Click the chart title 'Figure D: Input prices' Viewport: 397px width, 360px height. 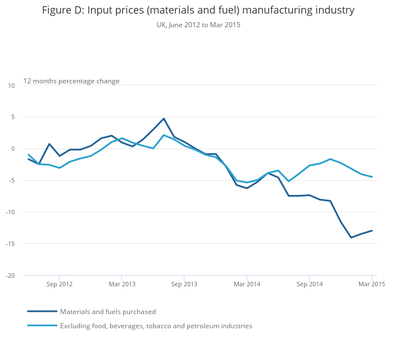tap(198, 10)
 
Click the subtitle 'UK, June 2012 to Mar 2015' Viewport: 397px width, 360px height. tap(198, 25)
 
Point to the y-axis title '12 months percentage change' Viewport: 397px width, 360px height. tap(71, 81)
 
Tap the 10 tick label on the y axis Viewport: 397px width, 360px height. tap(11, 86)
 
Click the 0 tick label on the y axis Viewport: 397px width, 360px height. tap(13, 149)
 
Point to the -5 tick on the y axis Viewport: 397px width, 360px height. tap(11, 181)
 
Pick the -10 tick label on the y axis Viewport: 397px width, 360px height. tap(11, 212)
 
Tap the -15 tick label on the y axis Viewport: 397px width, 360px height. tap(11, 244)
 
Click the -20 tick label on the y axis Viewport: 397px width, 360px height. tap(11, 276)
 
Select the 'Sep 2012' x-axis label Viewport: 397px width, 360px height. tap(60, 283)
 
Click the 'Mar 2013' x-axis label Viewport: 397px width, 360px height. tap(122, 283)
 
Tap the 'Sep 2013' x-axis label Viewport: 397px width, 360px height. tap(184, 283)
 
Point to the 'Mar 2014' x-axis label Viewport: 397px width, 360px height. tap(247, 283)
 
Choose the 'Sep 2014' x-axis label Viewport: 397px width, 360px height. tap(309, 283)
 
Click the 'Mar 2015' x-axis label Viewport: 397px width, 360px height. tap(371, 283)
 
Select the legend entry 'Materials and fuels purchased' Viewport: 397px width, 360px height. tap(108, 311)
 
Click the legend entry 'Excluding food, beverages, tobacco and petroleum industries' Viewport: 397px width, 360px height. tap(156, 326)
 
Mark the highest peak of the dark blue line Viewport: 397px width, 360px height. tap(163, 118)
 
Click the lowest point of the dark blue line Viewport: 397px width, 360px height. tap(351, 238)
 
